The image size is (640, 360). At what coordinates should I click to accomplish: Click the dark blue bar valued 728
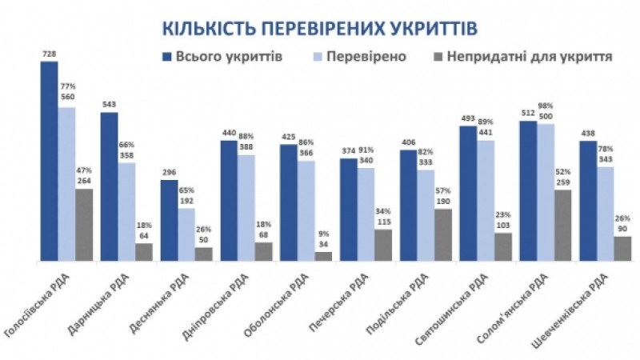[50, 160]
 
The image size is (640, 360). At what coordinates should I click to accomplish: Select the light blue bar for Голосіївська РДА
[66, 184]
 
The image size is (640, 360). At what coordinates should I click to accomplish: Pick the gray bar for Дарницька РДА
[143, 252]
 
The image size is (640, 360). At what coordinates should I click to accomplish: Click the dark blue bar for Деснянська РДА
[169, 220]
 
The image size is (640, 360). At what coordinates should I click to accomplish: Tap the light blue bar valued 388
[246, 208]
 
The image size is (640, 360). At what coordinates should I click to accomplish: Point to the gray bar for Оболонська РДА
[322, 256]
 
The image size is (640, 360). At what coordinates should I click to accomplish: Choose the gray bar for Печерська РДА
[383, 245]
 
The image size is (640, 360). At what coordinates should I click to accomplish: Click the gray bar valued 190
[442, 234]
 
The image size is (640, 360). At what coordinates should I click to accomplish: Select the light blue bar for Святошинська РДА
[486, 200]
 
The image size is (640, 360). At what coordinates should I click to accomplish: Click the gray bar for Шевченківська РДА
[622, 248]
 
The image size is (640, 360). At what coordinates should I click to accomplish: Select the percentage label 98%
[546, 106]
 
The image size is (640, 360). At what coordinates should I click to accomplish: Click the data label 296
[169, 174]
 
